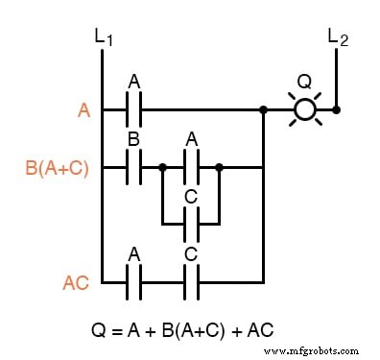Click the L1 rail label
(105, 37)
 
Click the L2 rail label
(338, 37)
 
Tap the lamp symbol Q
(305, 109)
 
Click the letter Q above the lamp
(305, 82)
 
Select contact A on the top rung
(134, 109)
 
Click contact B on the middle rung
(134, 167)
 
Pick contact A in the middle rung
(191, 167)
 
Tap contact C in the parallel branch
(191, 224)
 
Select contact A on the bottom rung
(134, 281)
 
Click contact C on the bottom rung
(191, 281)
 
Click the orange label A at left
(83, 110)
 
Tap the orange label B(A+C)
(56, 168)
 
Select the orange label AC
(76, 282)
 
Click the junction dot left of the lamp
(263, 109)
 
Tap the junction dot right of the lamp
(337, 109)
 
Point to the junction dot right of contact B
(163, 167)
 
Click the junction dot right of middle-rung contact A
(220, 167)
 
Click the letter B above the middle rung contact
(134, 140)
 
